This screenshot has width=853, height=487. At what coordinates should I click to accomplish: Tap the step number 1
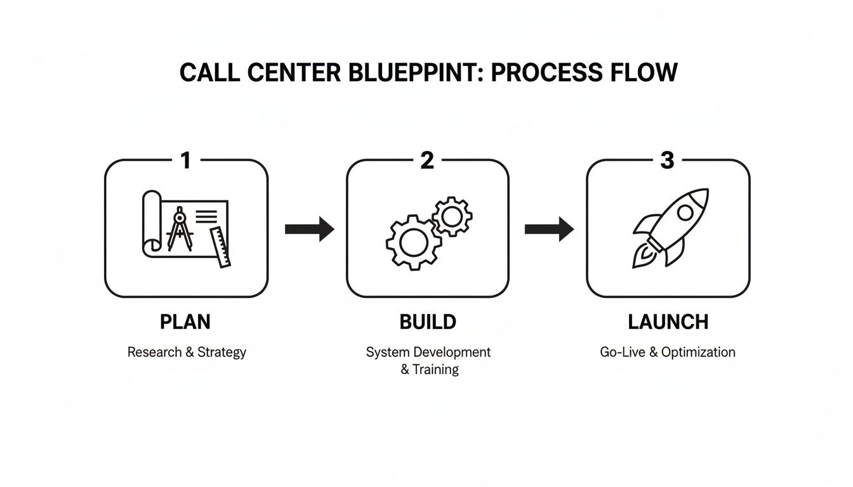pos(185,160)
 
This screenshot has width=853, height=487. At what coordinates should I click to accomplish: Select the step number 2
pos(427,160)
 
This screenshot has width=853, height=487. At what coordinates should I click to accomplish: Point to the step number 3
pos(667,160)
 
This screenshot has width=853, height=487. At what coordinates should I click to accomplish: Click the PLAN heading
pos(185,322)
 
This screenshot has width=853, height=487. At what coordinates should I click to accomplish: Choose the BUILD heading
pos(428,322)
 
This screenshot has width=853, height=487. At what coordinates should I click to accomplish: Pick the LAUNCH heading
pos(668,322)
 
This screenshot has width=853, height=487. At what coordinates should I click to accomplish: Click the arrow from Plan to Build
pos(309,229)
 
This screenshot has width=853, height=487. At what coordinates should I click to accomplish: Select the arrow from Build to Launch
pos(549,229)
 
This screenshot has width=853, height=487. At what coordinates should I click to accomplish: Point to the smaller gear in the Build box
pos(452,217)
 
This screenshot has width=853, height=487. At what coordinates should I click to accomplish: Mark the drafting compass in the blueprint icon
pos(178,228)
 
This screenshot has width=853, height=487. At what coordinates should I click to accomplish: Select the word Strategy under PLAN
pos(222,352)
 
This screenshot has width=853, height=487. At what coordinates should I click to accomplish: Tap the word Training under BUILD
pos(435,369)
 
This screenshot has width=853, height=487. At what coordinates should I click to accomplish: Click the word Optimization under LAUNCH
pos(698,352)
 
